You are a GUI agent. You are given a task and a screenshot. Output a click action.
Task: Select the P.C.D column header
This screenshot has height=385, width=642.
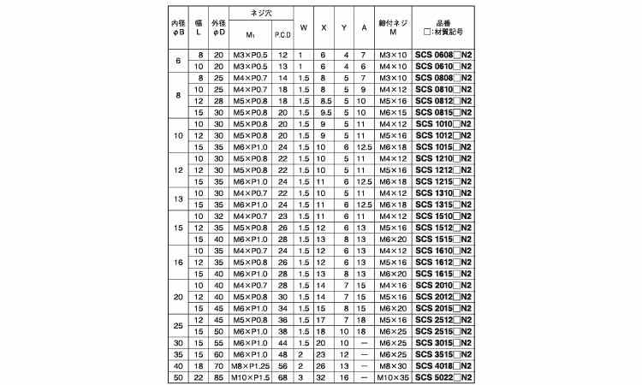click(282, 34)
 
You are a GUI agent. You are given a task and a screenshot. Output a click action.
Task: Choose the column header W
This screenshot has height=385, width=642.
click(303, 27)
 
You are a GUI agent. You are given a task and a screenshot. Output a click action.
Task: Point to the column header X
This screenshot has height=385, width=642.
click(324, 27)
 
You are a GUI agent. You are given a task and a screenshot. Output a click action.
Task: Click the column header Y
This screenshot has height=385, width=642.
click(344, 27)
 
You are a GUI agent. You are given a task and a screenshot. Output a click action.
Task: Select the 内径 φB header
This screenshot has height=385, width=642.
click(178, 27)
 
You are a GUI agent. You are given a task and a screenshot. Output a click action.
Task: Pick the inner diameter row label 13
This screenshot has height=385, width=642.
click(178, 199)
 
